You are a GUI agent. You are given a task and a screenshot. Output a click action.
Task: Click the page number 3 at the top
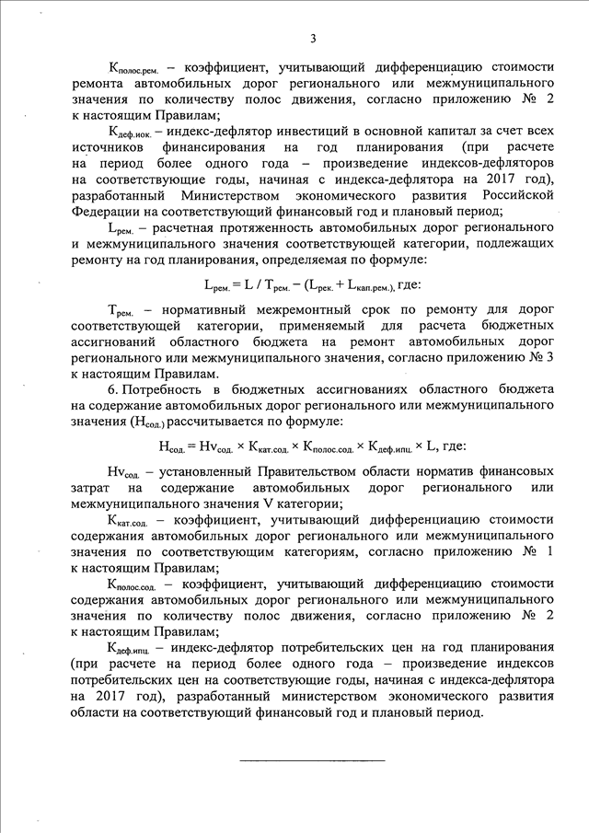pos(313,38)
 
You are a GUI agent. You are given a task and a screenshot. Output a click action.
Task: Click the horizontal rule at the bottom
pos(312,760)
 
